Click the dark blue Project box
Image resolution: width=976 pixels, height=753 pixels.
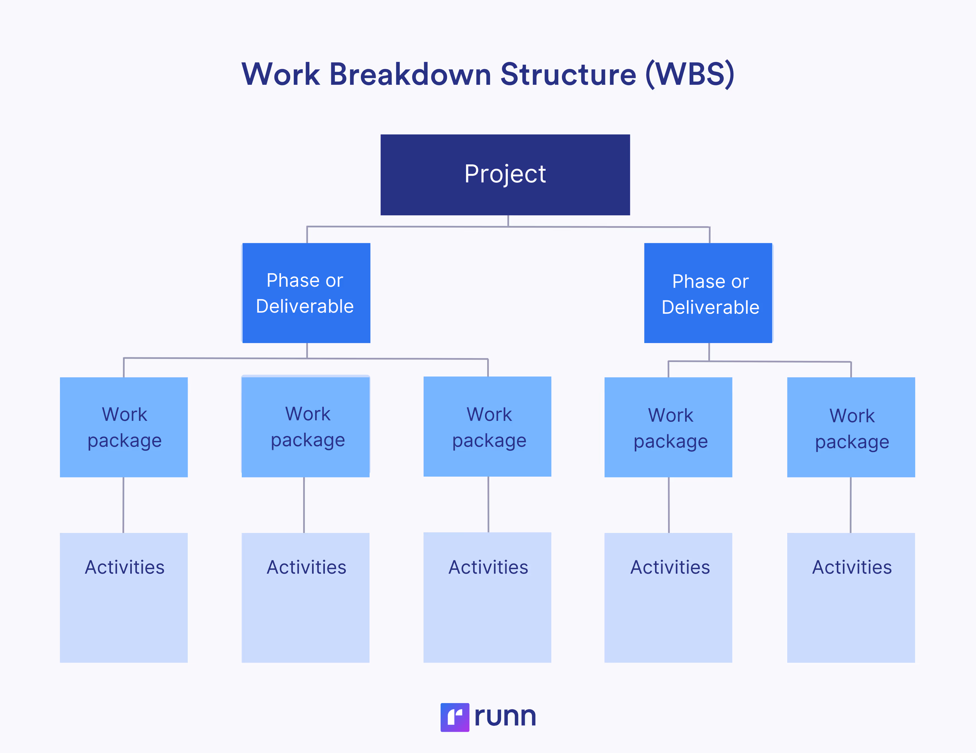tap(505, 175)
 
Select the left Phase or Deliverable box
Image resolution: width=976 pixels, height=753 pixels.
tap(306, 293)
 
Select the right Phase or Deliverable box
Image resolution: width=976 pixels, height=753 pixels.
tap(708, 293)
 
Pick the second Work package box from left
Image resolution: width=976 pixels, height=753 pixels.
tap(306, 427)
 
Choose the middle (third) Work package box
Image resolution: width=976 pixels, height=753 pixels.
tap(487, 426)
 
